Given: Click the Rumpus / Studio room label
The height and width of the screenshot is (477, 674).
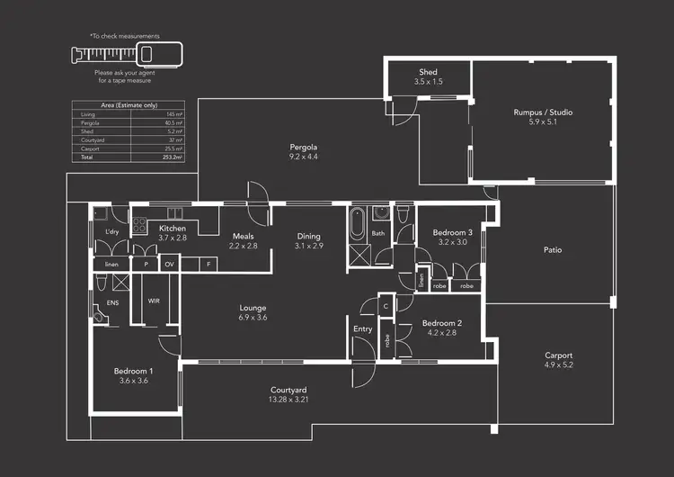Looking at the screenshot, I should pyautogui.click(x=542, y=112).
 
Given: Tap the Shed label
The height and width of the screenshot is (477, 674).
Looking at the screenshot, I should pyautogui.click(x=428, y=72).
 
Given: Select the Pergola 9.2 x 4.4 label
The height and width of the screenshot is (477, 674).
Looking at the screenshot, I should pyautogui.click(x=303, y=147).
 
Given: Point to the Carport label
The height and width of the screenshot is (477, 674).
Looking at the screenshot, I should pyautogui.click(x=558, y=355).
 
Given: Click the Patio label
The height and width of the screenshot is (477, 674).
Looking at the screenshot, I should pyautogui.click(x=553, y=249).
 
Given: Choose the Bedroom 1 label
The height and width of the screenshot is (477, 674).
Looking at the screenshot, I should pyautogui.click(x=133, y=371).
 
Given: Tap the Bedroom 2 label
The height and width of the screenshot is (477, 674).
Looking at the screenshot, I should pyautogui.click(x=441, y=323).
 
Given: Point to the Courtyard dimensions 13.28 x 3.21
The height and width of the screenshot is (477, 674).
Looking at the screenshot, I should pyautogui.click(x=289, y=400).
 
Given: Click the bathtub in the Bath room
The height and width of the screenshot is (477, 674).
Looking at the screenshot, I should pyautogui.click(x=358, y=221).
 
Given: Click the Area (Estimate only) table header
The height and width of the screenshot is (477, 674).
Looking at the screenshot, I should pyautogui.click(x=126, y=105).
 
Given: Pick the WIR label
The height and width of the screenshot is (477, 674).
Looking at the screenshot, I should pyautogui.click(x=154, y=301).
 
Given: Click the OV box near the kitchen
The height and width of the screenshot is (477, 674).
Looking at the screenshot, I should pyautogui.click(x=169, y=265).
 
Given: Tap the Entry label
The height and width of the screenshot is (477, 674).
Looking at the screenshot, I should pyautogui.click(x=362, y=329).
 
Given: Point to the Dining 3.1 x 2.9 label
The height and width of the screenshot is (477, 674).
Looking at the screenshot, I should pyautogui.click(x=308, y=241).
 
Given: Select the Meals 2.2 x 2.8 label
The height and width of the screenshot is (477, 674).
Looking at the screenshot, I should pyautogui.click(x=243, y=240).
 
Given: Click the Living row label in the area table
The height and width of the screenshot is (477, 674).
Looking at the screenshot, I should pyautogui.click(x=88, y=114).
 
